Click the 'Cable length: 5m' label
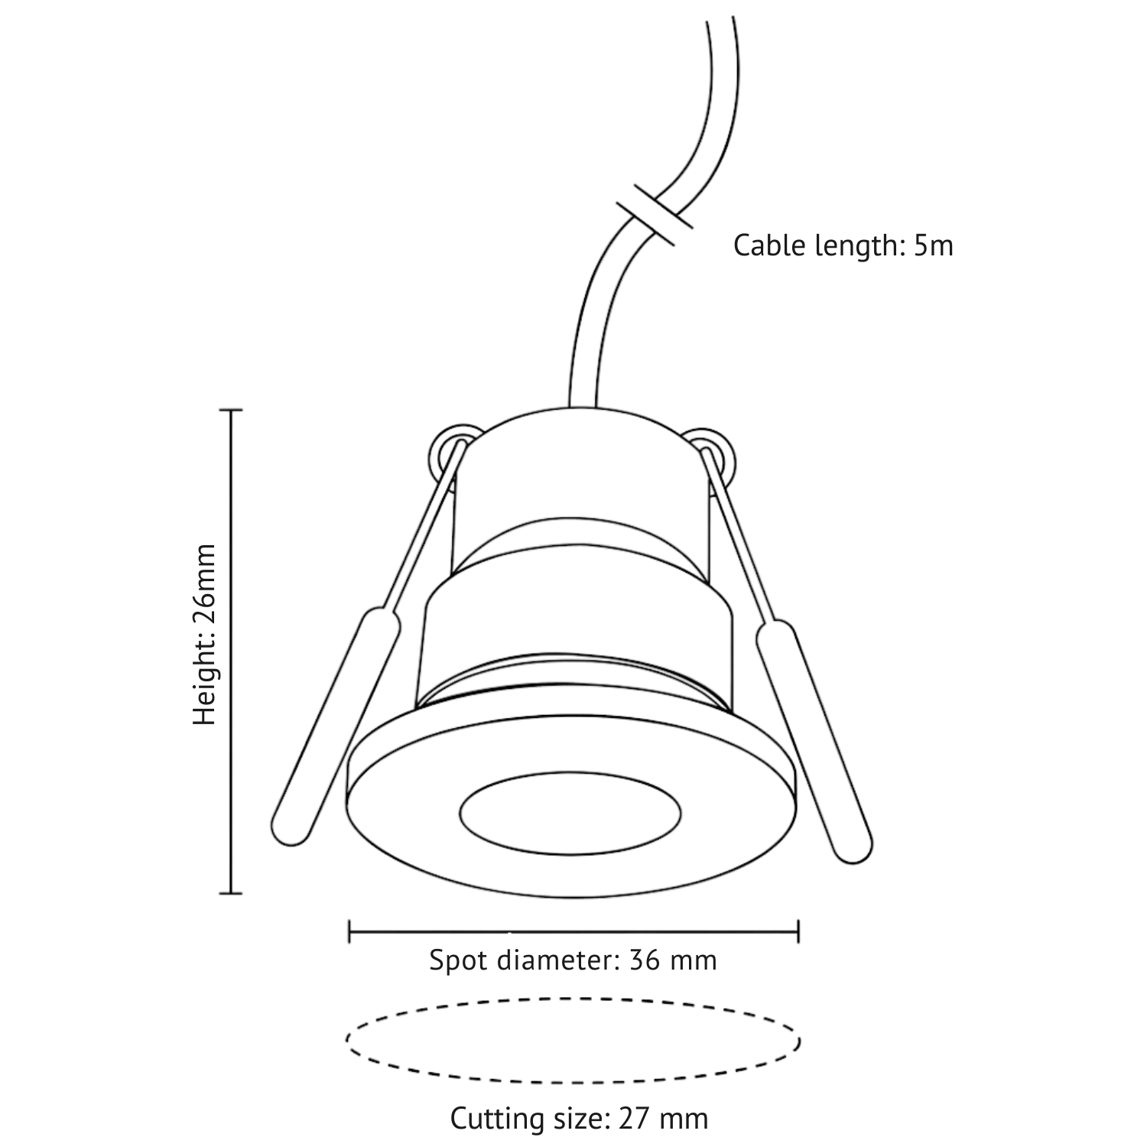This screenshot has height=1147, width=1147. pos(843,246)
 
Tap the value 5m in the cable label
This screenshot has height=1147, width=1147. pos(934,246)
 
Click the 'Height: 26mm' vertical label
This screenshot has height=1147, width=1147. pos(205,635)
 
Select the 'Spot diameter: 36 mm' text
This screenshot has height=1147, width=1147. pos(573,960)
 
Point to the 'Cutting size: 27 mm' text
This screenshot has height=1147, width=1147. pos(579,1119)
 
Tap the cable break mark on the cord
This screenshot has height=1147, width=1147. pos(655,213)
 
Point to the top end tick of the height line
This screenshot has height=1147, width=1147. pos(230,411)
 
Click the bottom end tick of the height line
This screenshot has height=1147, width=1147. pos(230,892)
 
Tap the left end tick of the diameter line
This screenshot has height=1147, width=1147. pos(349,931)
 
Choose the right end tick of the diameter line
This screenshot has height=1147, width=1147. pos(798,931)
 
